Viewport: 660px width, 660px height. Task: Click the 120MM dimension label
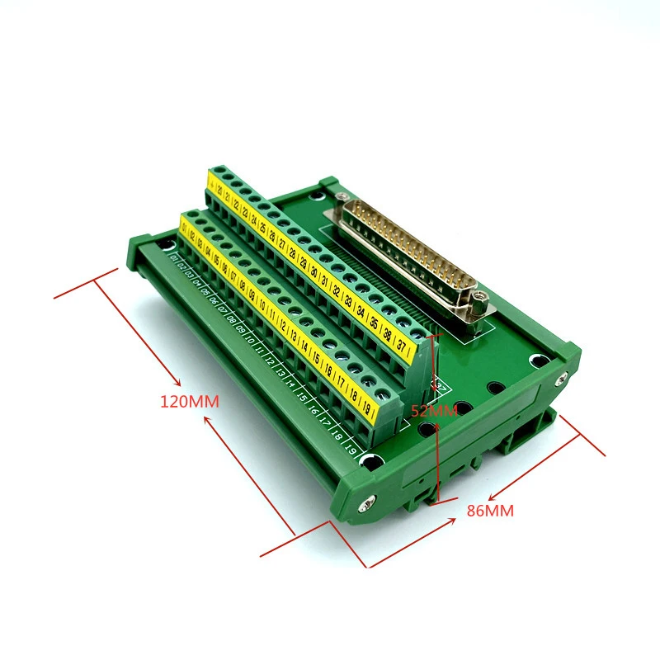[191, 402]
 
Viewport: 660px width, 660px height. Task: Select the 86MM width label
[490, 511]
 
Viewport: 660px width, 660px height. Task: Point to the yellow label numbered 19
[366, 408]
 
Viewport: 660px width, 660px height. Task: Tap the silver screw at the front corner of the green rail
[367, 501]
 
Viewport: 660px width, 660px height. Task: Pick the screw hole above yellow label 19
[381, 394]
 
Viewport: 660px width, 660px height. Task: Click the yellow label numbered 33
[348, 302]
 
